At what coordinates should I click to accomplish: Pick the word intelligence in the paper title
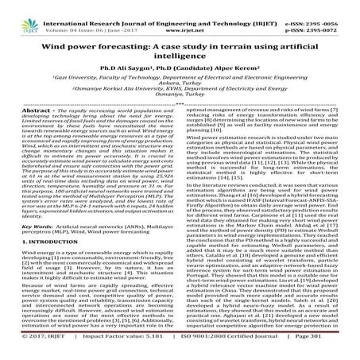(x=180, y=57)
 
